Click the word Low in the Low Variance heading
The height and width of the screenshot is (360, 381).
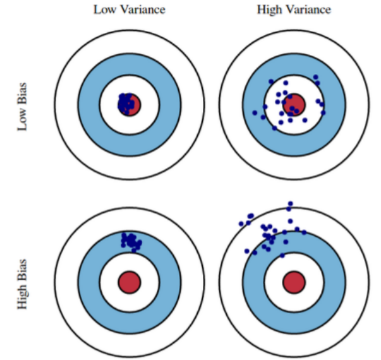(x=104, y=9)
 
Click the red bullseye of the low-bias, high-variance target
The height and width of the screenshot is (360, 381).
(x=294, y=104)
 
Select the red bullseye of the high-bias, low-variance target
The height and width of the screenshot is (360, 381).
(x=130, y=281)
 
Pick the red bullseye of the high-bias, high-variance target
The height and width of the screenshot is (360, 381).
(x=294, y=282)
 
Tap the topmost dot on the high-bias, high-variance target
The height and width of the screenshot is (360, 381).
(x=290, y=203)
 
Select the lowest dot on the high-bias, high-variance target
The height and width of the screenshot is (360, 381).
(x=282, y=255)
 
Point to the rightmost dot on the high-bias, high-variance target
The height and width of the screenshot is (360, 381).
(x=304, y=232)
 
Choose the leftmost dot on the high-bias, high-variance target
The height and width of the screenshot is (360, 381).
(x=241, y=224)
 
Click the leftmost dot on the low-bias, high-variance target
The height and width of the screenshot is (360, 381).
(x=255, y=113)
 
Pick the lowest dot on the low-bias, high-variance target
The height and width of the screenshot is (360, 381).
(x=275, y=128)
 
